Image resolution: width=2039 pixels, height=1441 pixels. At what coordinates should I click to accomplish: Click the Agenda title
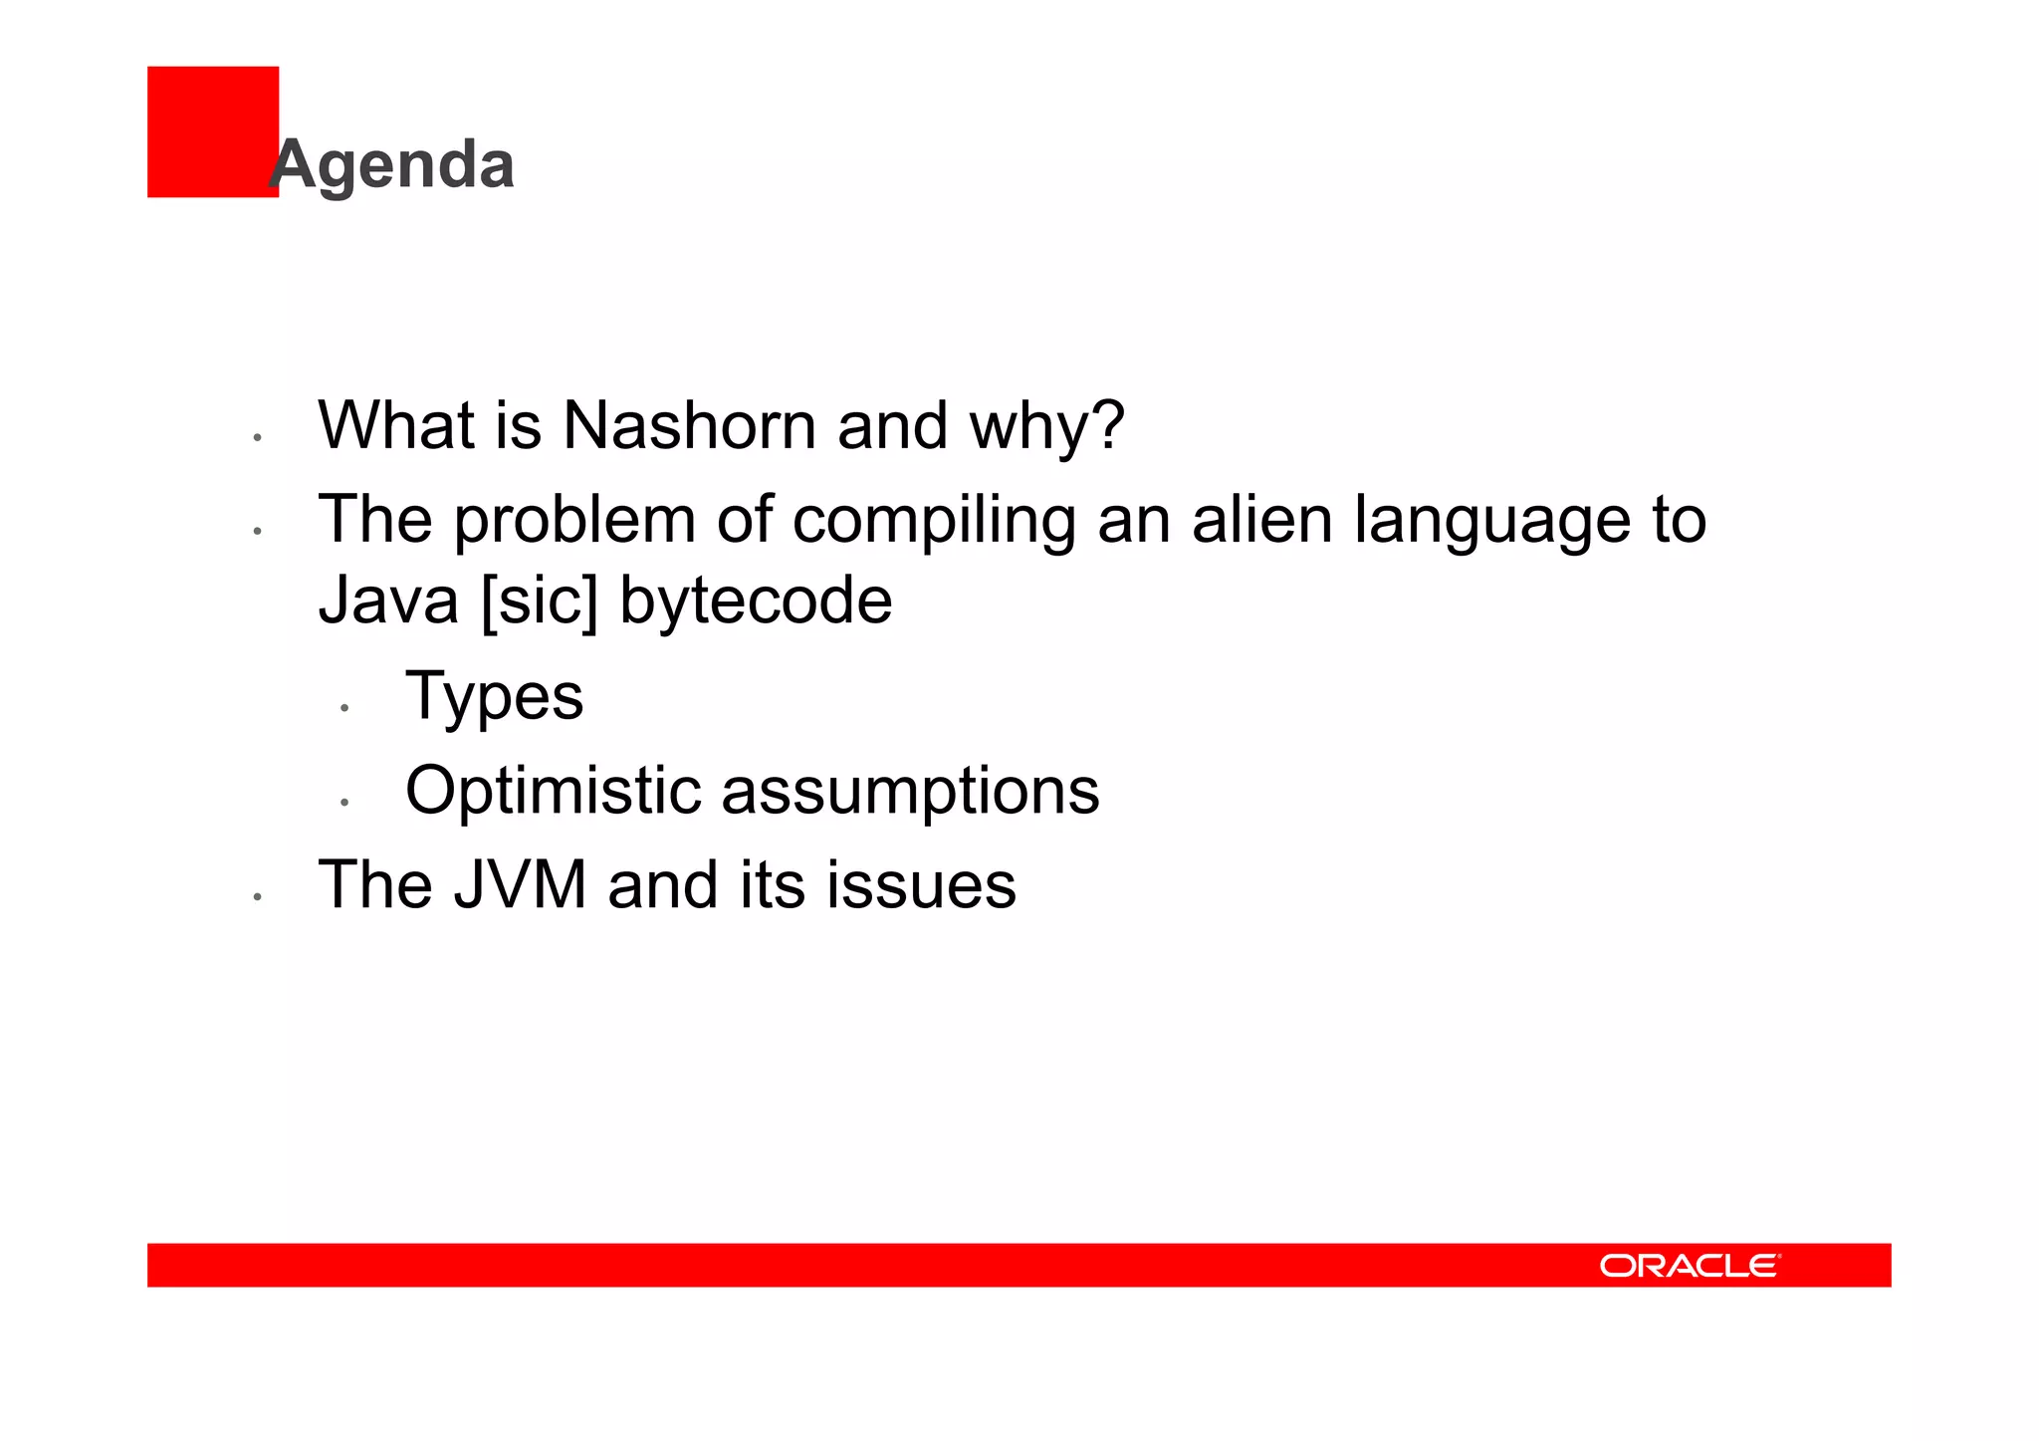pyautogui.click(x=392, y=164)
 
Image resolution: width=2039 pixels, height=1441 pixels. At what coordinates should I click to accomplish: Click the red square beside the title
pyautogui.click(x=211, y=131)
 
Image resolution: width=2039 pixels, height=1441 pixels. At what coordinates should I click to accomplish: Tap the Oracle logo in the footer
pyautogui.click(x=1690, y=1266)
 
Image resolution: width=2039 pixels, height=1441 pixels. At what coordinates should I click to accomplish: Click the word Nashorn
pyautogui.click(x=689, y=426)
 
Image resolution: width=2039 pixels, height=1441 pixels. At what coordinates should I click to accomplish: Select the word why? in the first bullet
pyautogui.click(x=1046, y=426)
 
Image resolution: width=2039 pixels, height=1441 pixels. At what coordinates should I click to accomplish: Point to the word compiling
pyautogui.click(x=934, y=521)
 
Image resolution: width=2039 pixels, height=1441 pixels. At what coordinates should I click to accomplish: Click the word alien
pyautogui.click(x=1261, y=520)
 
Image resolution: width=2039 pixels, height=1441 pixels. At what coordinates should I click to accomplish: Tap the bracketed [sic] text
pyautogui.click(x=539, y=601)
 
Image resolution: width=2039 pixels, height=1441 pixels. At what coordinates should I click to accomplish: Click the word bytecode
pyautogui.click(x=756, y=601)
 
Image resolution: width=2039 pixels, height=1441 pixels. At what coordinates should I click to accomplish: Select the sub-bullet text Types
pyautogui.click(x=494, y=697)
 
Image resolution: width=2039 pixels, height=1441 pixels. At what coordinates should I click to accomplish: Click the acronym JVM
pyautogui.click(x=520, y=885)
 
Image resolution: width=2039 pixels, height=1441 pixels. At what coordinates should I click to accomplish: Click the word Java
pyautogui.click(x=388, y=601)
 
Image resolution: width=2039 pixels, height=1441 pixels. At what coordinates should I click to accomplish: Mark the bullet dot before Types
pyautogui.click(x=343, y=708)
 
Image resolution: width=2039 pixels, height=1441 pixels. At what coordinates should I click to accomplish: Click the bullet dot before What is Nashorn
pyautogui.click(x=257, y=437)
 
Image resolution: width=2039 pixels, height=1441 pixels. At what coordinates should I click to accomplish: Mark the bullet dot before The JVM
pyautogui.click(x=257, y=897)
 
